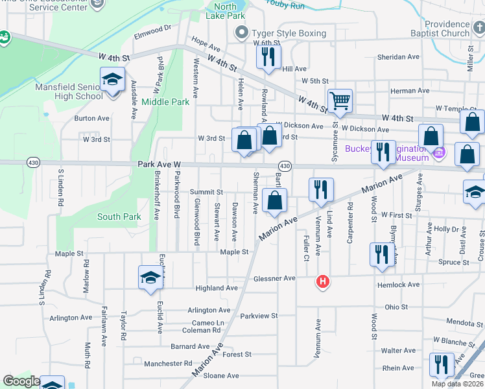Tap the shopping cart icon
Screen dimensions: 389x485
click(x=340, y=100)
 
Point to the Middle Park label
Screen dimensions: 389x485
click(x=165, y=102)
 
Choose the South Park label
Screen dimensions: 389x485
click(x=119, y=217)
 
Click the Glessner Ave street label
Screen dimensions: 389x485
click(x=275, y=278)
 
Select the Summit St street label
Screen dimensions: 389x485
click(x=206, y=193)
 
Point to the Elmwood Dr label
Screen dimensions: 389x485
click(x=152, y=29)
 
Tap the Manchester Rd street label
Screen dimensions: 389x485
click(x=168, y=364)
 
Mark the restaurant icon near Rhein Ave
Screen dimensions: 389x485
click(x=442, y=364)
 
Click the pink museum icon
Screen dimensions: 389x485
click(x=440, y=154)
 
